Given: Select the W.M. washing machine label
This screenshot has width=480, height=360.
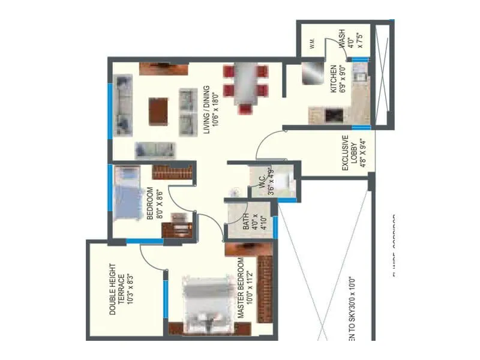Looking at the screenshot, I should click(x=313, y=43).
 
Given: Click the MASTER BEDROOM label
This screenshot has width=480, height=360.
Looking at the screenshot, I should click(x=240, y=287).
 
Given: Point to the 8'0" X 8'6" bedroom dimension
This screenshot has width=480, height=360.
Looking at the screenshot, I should click(x=158, y=204).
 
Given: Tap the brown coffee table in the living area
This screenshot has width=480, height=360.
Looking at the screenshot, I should click(x=158, y=111).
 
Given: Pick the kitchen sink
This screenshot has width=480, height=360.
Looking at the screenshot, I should click(x=361, y=76).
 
